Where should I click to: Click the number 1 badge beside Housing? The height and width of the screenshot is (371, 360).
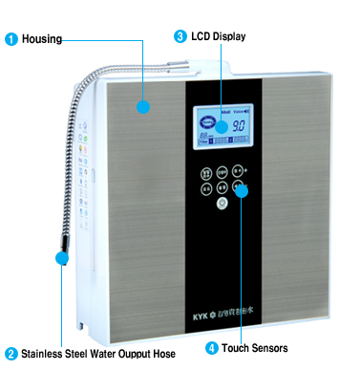pyautogui.click(x=11, y=39)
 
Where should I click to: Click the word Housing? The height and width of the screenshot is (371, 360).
pyautogui.click(x=42, y=39)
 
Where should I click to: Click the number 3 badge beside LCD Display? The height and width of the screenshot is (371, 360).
pyautogui.click(x=180, y=36)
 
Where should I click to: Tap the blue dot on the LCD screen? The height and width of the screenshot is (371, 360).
pyautogui.click(x=220, y=125)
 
